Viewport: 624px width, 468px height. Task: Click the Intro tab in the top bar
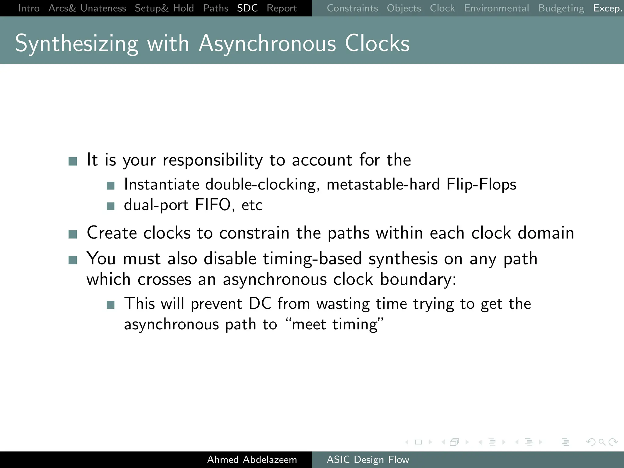pyautogui.click(x=29, y=8)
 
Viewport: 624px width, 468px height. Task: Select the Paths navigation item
pyautogui.click(x=215, y=8)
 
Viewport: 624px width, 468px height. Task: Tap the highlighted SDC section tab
pyautogui.click(x=247, y=8)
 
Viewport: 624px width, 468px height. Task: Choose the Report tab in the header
pyautogui.click(x=282, y=8)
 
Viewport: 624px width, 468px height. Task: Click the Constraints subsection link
pyautogui.click(x=352, y=8)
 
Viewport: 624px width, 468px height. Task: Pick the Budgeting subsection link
pyautogui.click(x=561, y=8)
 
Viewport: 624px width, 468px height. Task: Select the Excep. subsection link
pyautogui.click(x=607, y=8)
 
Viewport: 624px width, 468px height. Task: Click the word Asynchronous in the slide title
pyautogui.click(x=268, y=43)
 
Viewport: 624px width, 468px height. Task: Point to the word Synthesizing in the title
pyautogui.click(x=76, y=43)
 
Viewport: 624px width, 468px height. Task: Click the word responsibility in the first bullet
pyautogui.click(x=212, y=160)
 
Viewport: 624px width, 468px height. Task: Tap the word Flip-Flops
pyautogui.click(x=481, y=184)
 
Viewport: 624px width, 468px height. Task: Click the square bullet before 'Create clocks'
pyautogui.click(x=73, y=234)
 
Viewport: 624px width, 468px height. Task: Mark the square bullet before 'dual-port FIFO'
pyautogui.click(x=111, y=207)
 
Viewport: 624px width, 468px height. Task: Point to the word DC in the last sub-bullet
pyautogui.click(x=260, y=303)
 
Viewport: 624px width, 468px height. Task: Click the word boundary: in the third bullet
pyautogui.click(x=418, y=279)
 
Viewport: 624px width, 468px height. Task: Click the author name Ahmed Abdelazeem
pyautogui.click(x=252, y=459)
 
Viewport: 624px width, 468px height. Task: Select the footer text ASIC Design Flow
pyautogui.click(x=368, y=459)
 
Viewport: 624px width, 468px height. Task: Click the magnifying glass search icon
pyautogui.click(x=602, y=442)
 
